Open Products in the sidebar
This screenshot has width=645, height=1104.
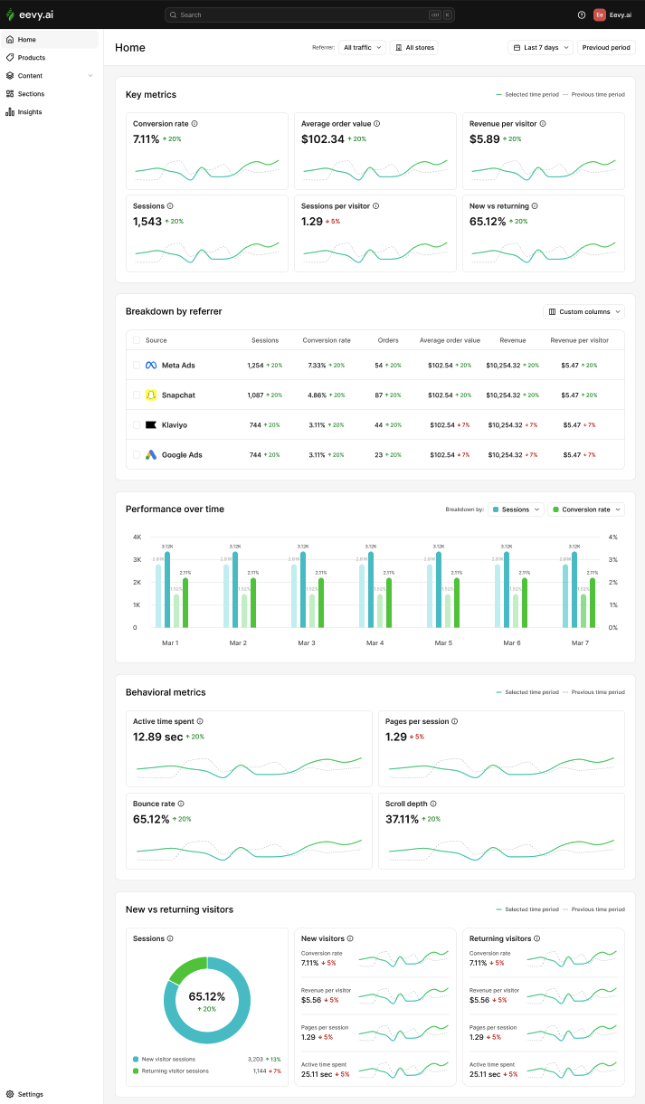31,58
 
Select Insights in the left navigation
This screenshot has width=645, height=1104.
29,112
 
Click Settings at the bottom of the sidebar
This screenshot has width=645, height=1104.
30,1094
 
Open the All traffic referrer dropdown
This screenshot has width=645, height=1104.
363,47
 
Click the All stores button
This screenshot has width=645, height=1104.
414,47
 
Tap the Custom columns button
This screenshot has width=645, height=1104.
583,311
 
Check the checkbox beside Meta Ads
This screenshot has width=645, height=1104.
137,366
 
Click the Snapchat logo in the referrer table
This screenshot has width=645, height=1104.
151,395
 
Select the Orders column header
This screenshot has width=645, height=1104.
388,340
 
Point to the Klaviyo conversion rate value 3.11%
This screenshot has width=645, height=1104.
318,425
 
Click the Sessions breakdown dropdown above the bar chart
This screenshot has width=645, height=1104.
516,509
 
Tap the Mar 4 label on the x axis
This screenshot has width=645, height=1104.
375,642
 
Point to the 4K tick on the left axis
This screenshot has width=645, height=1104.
137,537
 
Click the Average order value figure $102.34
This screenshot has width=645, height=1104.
323,139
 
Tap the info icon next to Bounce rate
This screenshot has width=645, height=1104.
181,804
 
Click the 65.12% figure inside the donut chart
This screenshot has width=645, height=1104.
207,996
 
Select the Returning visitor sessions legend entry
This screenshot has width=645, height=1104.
175,1071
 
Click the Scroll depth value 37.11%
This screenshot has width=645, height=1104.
402,819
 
